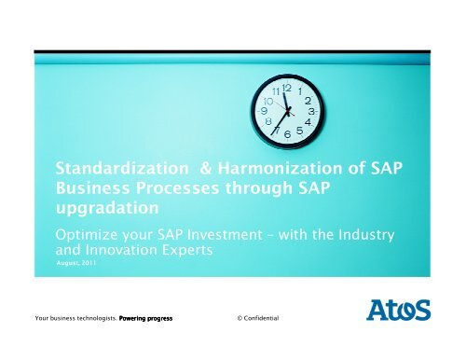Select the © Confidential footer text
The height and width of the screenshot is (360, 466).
[266, 319]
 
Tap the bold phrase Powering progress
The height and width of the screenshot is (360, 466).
[144, 319]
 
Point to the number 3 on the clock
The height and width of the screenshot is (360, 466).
[313, 111]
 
